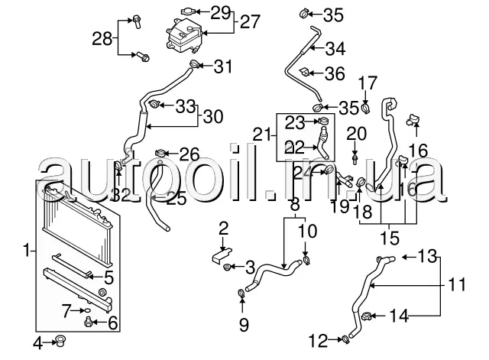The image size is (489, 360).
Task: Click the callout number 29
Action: (220, 12)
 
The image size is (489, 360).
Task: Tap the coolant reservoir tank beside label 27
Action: (180, 35)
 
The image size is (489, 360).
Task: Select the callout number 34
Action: (335, 49)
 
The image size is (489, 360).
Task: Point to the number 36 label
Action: (335, 74)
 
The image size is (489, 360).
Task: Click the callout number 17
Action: (368, 82)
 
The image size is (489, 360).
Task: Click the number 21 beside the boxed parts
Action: (261, 135)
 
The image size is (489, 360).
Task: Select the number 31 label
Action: (222, 66)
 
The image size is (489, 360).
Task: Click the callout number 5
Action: (108, 277)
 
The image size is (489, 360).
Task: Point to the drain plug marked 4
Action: (57, 340)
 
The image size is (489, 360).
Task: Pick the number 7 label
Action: (67, 310)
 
